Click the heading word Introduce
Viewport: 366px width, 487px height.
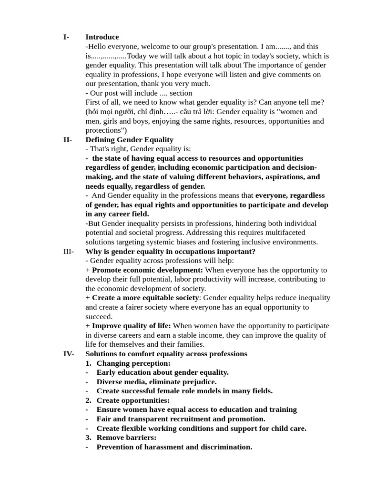coord(102,37)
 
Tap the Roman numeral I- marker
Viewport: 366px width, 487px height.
coord(66,37)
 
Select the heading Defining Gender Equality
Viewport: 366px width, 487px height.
coord(129,140)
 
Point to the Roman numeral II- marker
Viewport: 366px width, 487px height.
coord(68,140)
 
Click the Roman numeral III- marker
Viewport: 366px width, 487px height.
coord(69,252)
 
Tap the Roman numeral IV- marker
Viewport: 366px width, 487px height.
coord(69,354)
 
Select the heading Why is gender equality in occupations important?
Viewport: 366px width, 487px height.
coord(170,252)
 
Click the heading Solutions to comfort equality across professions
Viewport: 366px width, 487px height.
coord(166,354)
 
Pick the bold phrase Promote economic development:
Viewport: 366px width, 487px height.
coord(147,270)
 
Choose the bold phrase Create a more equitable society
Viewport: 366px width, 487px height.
coord(145,298)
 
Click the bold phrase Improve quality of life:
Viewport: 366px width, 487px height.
coord(131,326)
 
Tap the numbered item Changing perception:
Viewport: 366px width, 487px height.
coord(133,363)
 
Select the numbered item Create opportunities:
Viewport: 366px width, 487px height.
coord(132,400)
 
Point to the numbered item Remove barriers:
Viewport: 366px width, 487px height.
coord(126,438)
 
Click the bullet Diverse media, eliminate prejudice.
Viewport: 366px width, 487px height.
coord(156,382)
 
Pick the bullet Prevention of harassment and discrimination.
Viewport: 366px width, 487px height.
coord(174,447)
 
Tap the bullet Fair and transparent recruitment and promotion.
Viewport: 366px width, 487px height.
coord(181,419)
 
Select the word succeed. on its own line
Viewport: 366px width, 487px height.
coord(99,317)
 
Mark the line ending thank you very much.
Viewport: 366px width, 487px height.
coord(148,84)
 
